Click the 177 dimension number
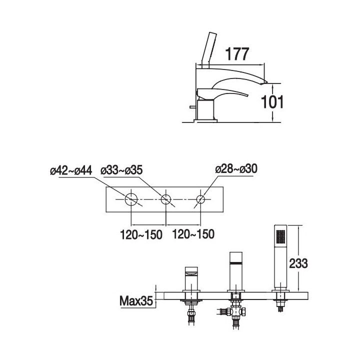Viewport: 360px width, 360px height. (x=237, y=54)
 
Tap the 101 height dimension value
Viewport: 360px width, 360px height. (x=272, y=102)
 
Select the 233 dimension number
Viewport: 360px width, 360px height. (x=298, y=263)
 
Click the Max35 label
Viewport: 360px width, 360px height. (x=136, y=301)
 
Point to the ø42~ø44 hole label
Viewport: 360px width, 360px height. (x=71, y=170)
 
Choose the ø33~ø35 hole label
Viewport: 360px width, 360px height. (x=121, y=170)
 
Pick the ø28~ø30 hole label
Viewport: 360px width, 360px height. (x=236, y=169)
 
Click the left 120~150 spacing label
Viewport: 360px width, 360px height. (x=141, y=234)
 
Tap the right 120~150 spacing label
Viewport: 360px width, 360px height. (x=193, y=234)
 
